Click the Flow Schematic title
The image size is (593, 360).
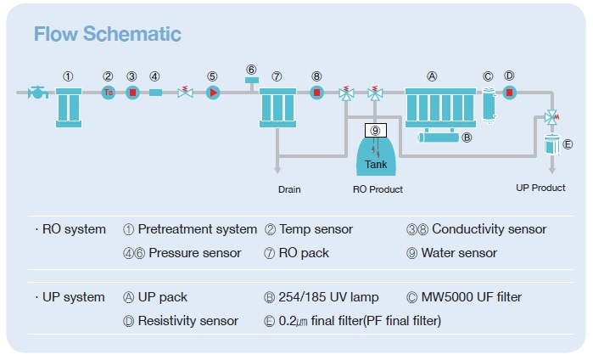pyautogui.click(x=107, y=35)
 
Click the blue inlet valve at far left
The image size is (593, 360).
pyautogui.click(x=36, y=92)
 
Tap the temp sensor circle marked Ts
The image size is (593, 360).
pyautogui.click(x=108, y=92)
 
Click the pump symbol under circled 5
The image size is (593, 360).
pyautogui.click(x=213, y=92)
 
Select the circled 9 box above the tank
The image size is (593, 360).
pyautogui.click(x=375, y=130)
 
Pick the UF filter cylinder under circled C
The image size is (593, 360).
pyautogui.click(x=488, y=104)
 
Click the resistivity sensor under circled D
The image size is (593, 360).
pyautogui.click(x=509, y=92)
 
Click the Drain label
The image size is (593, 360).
pyautogui.click(x=289, y=189)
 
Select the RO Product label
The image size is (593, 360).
pyautogui.click(x=378, y=189)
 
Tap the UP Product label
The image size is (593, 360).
pyautogui.click(x=540, y=188)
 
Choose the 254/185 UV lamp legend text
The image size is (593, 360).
pyautogui.click(x=322, y=297)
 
